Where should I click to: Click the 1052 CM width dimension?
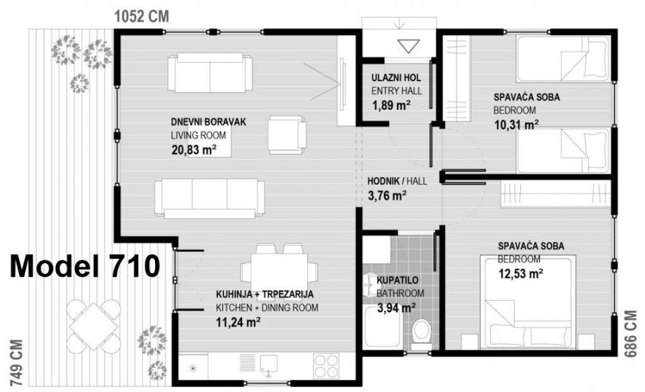click(142, 16)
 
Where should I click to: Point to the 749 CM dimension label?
click(16, 363)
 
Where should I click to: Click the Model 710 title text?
click(85, 266)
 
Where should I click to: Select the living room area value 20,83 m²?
click(194, 150)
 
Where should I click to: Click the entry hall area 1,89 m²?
click(391, 105)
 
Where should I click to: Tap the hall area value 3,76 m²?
click(387, 195)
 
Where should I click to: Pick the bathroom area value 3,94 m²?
click(396, 307)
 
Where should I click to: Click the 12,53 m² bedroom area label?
click(521, 273)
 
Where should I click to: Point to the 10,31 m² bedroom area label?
click(517, 125)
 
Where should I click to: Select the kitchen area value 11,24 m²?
click(238, 322)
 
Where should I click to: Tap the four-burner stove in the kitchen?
click(327, 366)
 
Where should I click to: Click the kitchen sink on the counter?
click(269, 365)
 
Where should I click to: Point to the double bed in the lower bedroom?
click(529, 301)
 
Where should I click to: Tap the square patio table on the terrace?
click(94, 326)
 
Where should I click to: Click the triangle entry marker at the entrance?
click(409, 46)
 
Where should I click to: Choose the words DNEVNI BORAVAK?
click(208, 122)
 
